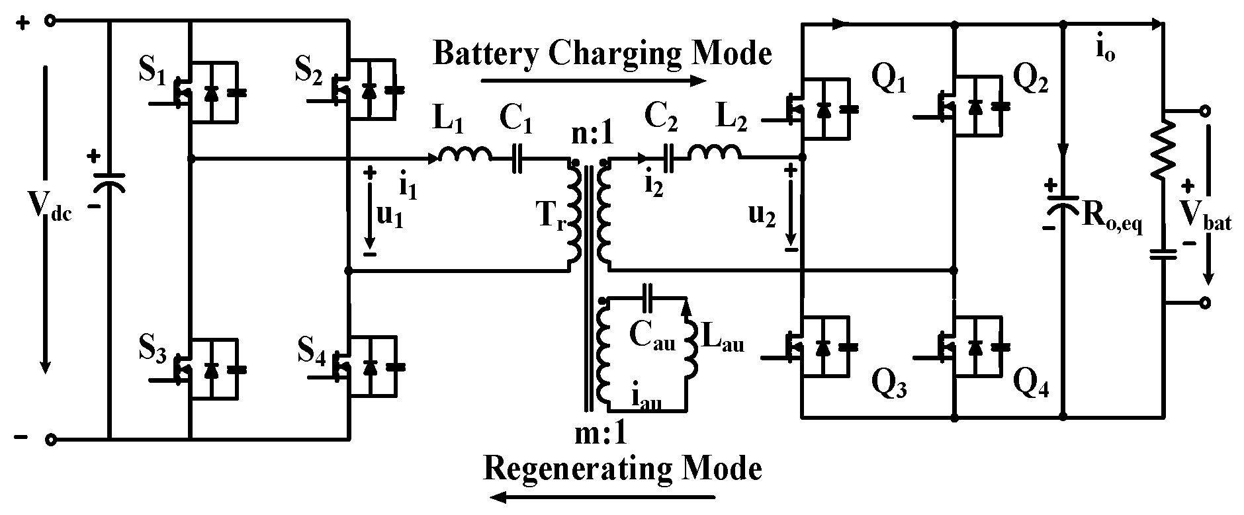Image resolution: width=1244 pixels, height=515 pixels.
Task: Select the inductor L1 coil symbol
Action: point(465,154)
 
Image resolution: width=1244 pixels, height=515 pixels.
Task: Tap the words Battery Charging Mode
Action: point(602,53)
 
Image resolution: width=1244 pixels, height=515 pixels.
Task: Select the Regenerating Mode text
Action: point(622,468)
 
